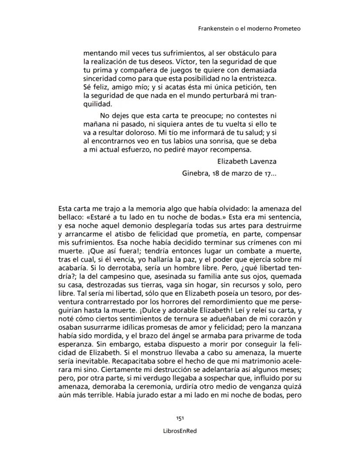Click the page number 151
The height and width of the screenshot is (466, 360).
click(180, 418)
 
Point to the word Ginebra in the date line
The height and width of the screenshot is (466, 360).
click(194, 173)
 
